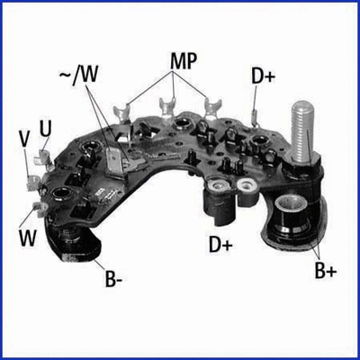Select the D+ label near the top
tap(263, 77)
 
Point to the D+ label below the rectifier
tap(220, 243)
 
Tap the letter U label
tap(46, 130)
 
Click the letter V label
tap(24, 141)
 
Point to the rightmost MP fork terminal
tap(213, 108)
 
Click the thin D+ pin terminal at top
tap(256, 113)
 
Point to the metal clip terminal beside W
tap(37, 210)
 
